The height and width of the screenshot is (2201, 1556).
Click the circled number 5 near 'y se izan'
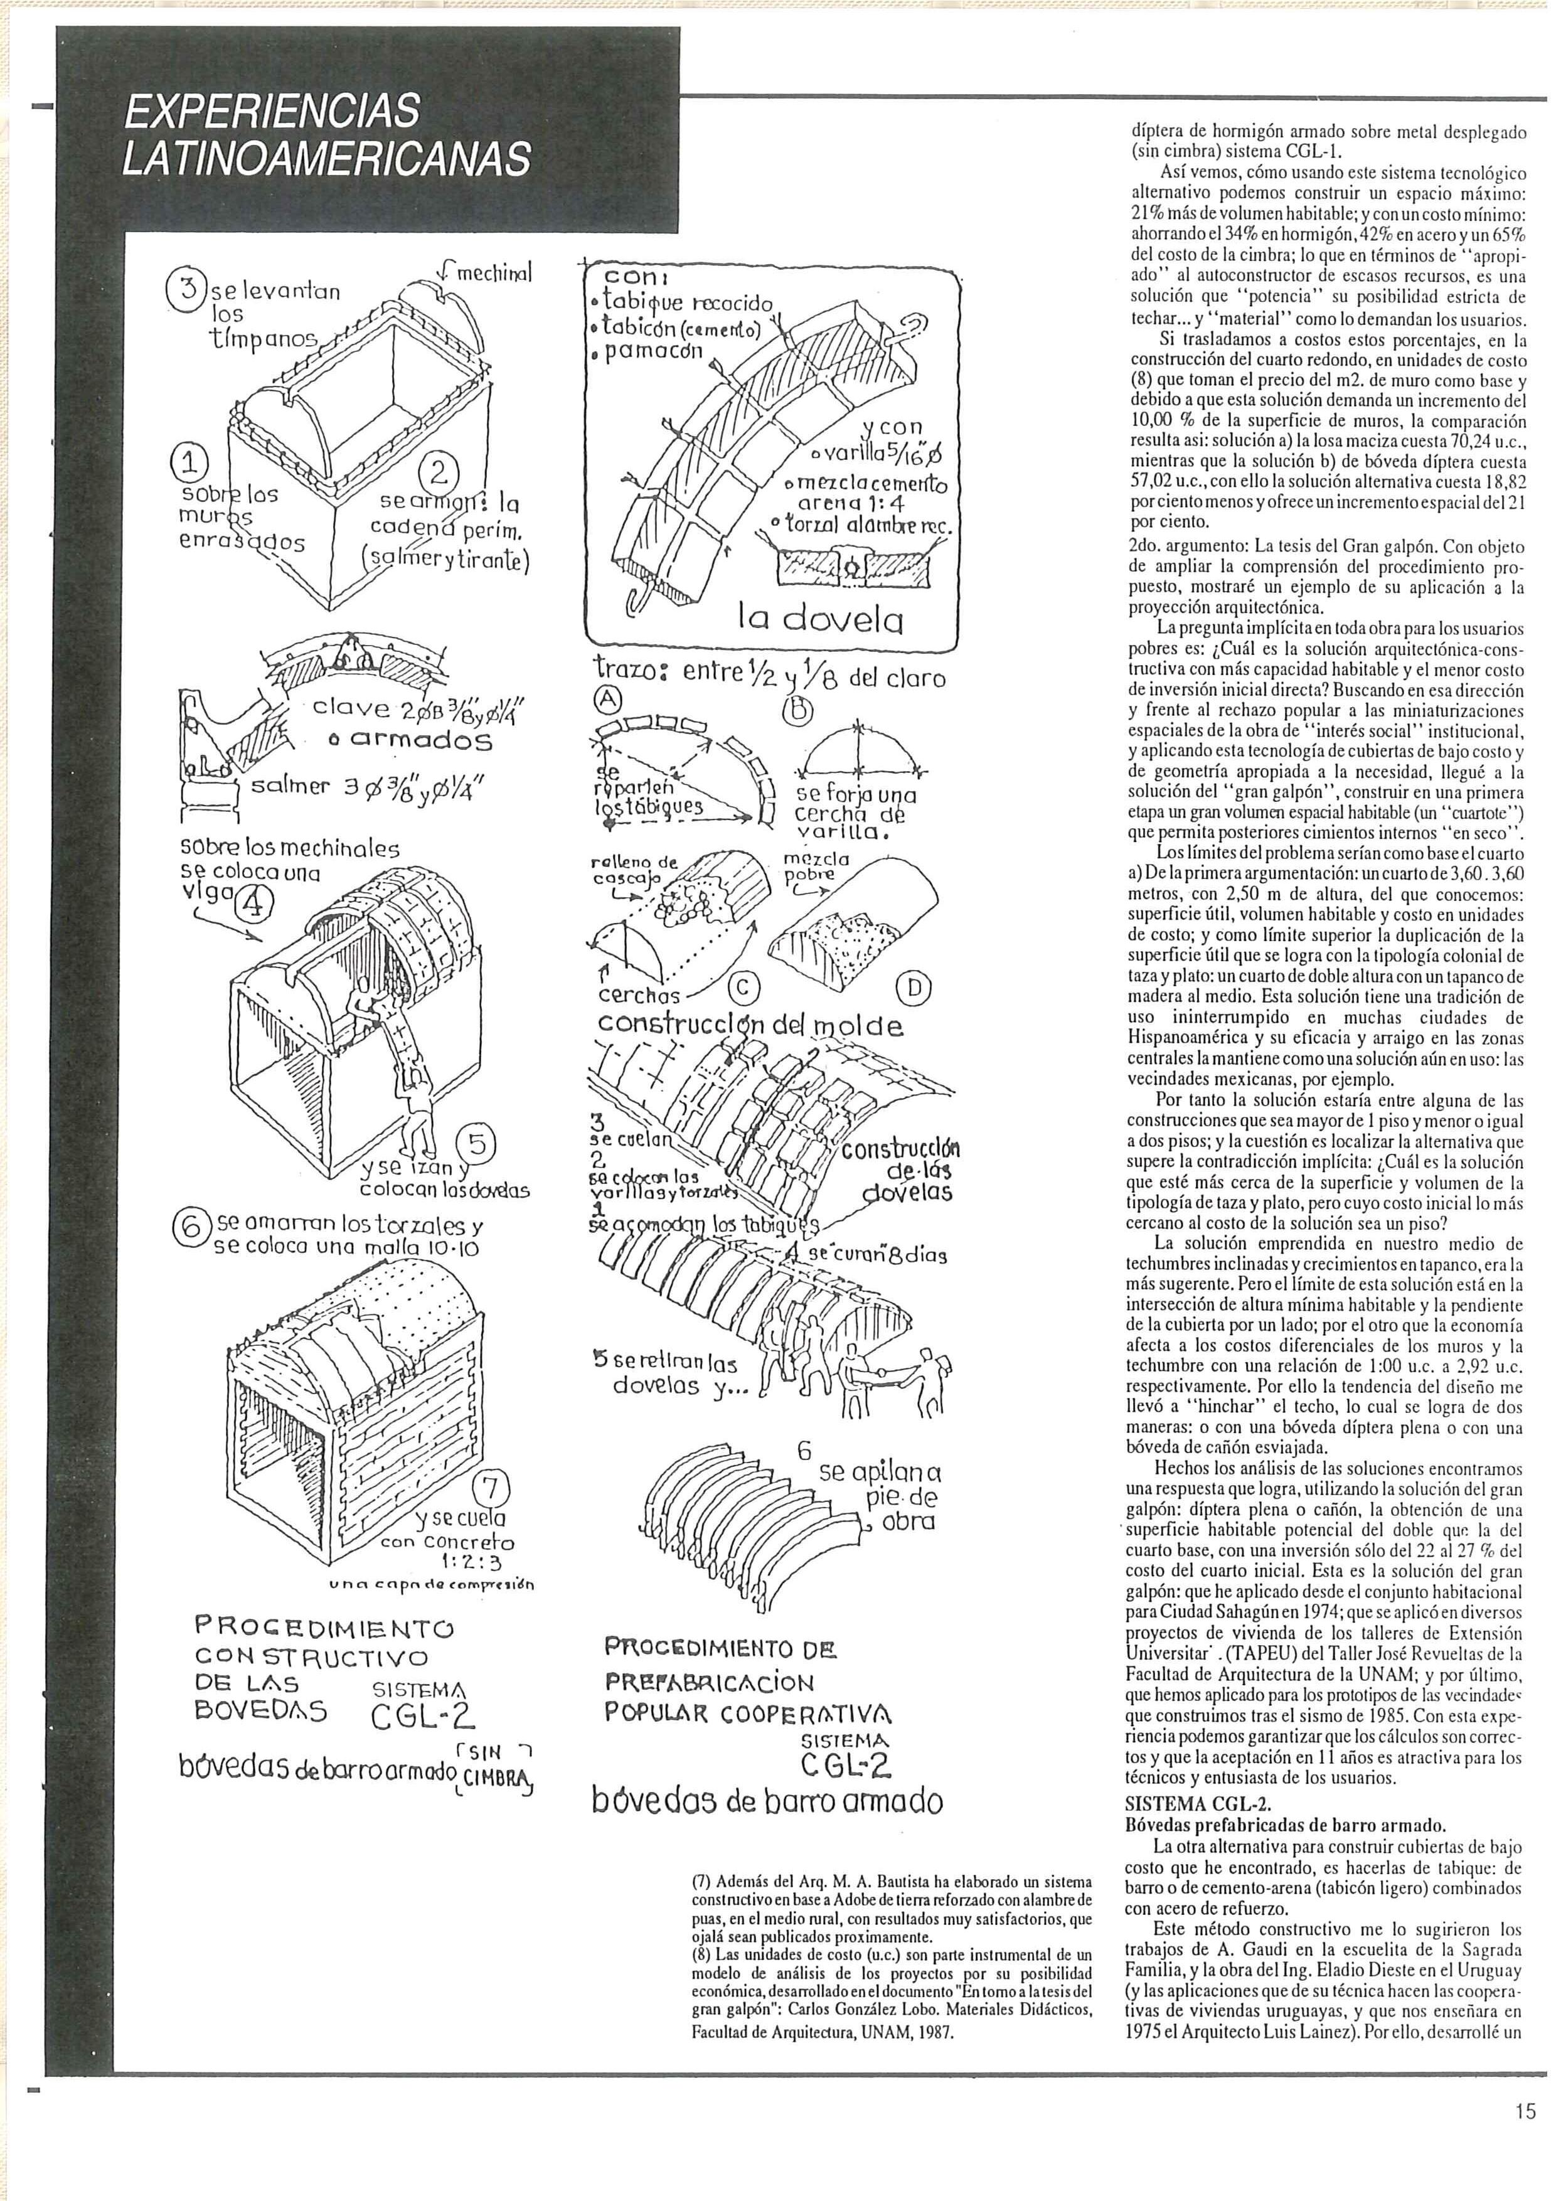click(x=477, y=1144)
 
